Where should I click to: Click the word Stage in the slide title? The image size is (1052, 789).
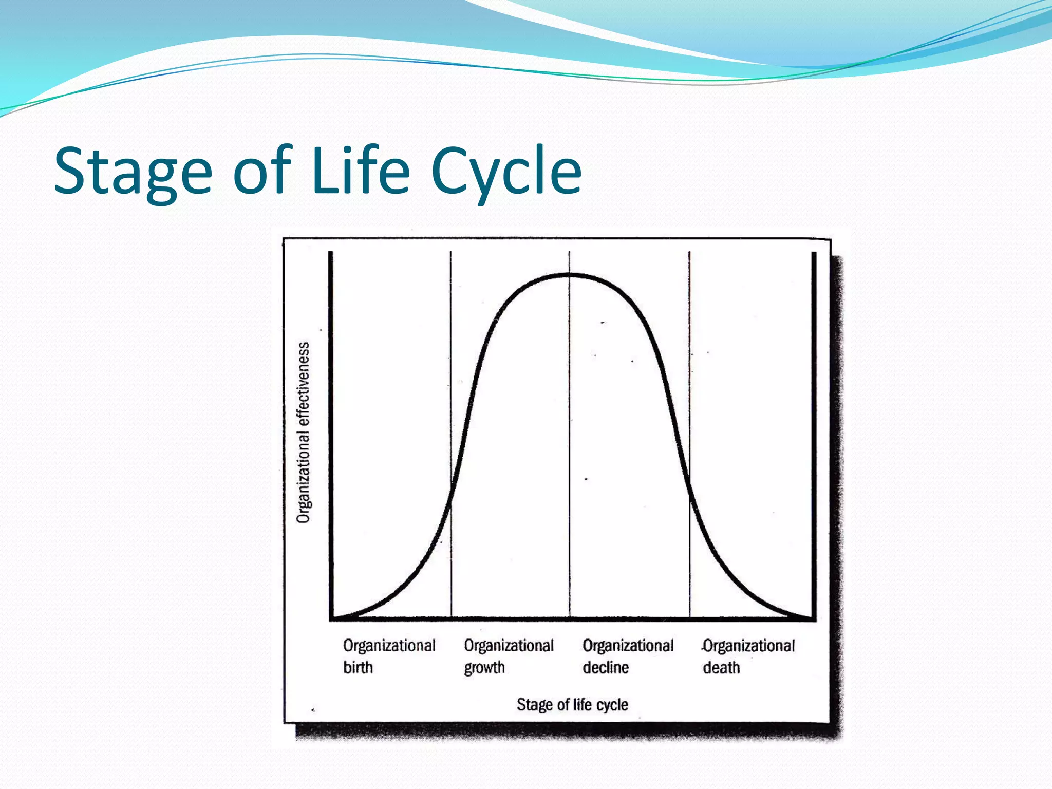tap(133, 172)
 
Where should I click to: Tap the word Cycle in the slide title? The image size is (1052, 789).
tap(506, 172)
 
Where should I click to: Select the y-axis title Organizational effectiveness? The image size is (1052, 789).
tap(304, 433)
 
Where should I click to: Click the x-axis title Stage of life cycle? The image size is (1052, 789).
tap(572, 705)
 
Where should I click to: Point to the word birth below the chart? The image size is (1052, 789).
tap(358, 667)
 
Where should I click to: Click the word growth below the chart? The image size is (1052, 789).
tap(484, 668)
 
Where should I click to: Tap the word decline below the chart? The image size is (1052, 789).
tap(606, 667)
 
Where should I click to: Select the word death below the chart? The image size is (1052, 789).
tap(721, 667)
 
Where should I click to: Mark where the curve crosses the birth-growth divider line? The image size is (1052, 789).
tap(451, 491)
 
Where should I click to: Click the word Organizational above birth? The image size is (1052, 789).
tap(389, 645)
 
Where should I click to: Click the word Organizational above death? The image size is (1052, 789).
tap(749, 645)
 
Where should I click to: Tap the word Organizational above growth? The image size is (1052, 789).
tap(509, 645)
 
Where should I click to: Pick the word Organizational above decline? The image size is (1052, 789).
tap(628, 645)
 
